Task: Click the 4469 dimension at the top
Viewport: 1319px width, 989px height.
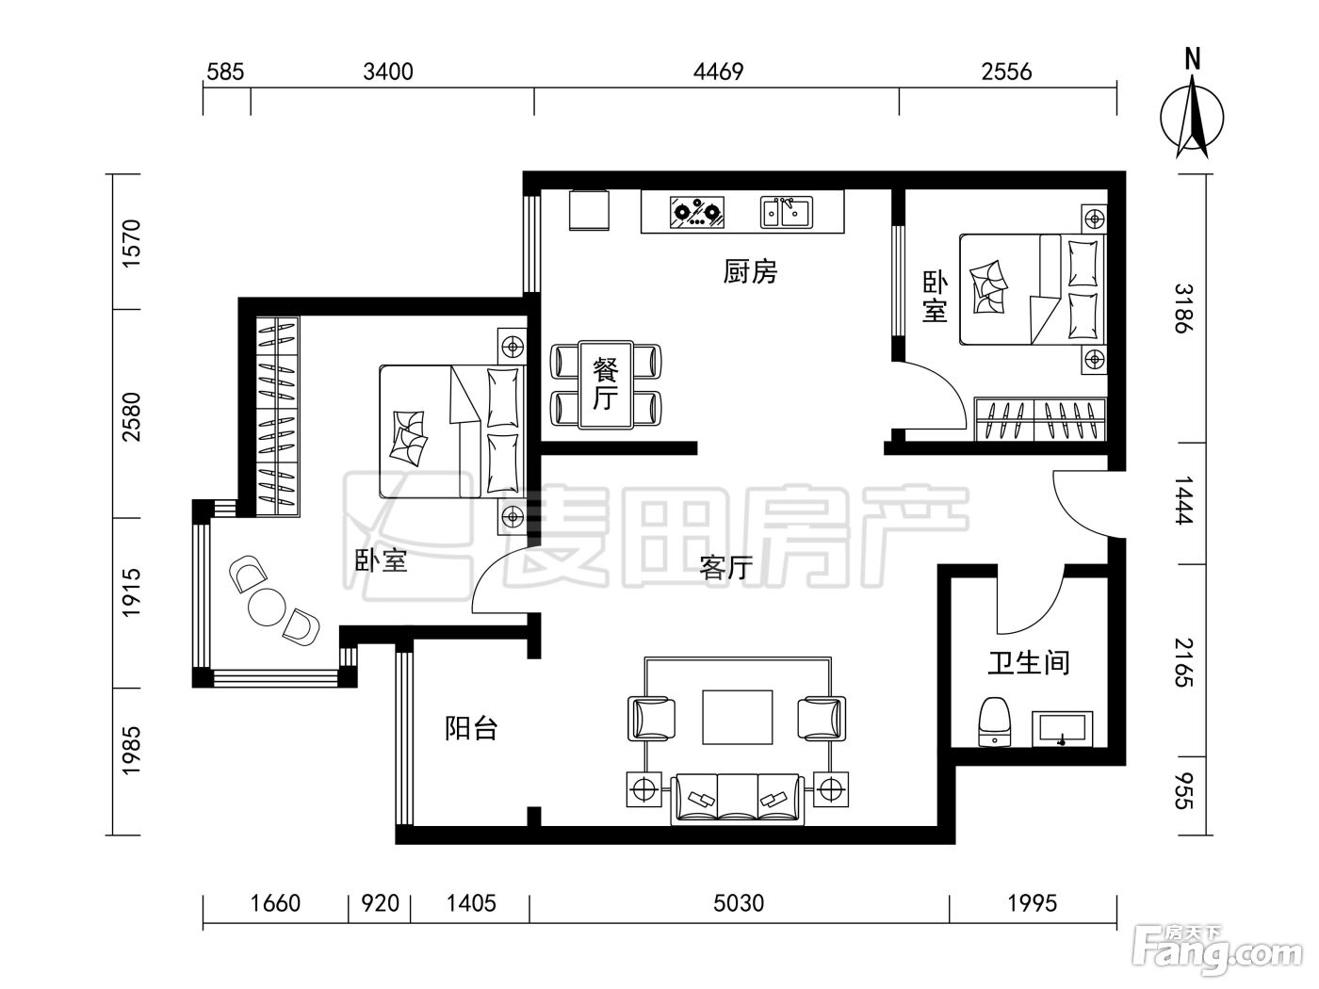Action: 718,73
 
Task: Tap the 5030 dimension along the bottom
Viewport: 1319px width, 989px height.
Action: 739,903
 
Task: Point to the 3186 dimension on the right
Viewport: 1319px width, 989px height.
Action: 1184,309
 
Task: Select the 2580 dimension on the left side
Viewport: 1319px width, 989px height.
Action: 131,416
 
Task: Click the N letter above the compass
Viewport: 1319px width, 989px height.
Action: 1192,60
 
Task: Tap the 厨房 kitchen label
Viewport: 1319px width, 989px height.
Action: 750,271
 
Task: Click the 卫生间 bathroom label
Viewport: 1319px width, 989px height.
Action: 1029,663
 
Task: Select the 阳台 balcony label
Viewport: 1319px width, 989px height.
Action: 471,728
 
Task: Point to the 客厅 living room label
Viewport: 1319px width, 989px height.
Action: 725,567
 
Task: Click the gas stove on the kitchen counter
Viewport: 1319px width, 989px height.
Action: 697,213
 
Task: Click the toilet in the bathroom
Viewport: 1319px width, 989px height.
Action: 995,721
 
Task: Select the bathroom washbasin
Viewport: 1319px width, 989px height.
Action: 1063,729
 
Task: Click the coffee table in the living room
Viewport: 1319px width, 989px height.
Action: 738,717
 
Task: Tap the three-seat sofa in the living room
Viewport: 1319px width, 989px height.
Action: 738,799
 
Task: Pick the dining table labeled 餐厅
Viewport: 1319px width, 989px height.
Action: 606,385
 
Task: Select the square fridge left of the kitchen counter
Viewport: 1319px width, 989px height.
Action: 589,210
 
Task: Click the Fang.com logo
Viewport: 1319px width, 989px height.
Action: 1217,952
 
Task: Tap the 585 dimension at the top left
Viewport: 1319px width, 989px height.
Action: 225,73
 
